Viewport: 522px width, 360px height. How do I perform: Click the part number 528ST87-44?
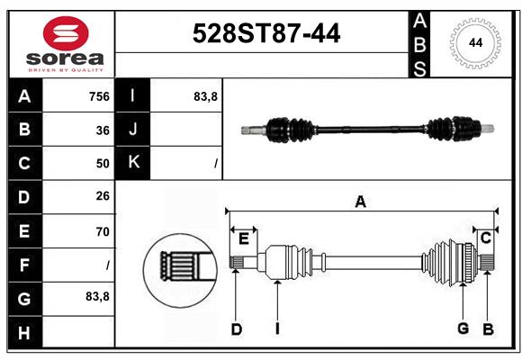[x=266, y=33]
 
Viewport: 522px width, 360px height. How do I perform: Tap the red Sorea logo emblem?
[x=66, y=33]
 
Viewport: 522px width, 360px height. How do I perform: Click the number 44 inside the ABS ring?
[x=475, y=43]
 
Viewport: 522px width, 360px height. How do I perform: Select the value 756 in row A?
[x=99, y=96]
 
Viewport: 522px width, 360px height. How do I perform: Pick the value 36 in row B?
[x=103, y=130]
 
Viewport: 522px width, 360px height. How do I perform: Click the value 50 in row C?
[x=103, y=164]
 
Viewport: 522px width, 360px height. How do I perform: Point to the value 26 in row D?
[x=103, y=196]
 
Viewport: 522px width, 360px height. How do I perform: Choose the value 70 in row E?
[x=103, y=231]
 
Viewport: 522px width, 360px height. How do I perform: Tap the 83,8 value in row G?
[x=97, y=296]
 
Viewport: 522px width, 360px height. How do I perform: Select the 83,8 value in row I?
[x=205, y=97]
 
